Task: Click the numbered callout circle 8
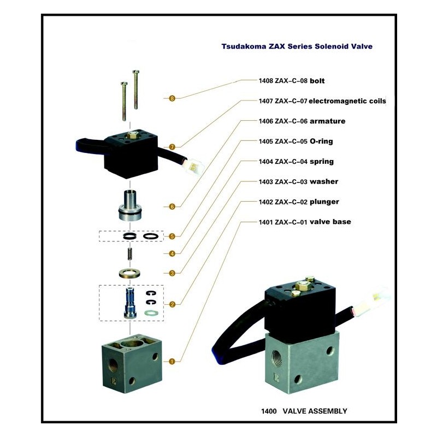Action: (172, 98)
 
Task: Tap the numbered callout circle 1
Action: (172, 362)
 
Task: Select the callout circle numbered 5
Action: (172, 237)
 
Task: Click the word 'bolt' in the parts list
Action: (317, 81)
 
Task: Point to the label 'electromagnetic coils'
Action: (347, 101)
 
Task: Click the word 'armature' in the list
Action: (327, 121)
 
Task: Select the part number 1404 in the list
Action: (266, 162)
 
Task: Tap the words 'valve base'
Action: (330, 222)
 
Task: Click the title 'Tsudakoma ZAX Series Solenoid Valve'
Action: (297, 46)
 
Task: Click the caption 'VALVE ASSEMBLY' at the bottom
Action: (315, 411)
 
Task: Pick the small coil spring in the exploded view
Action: (130, 253)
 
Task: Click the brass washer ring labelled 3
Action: (129, 274)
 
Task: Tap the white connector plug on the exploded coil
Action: (195, 167)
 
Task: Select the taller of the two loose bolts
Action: (135, 89)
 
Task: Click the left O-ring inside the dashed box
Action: (130, 237)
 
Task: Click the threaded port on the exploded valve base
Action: (114, 363)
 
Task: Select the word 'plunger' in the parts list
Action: (324, 202)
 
